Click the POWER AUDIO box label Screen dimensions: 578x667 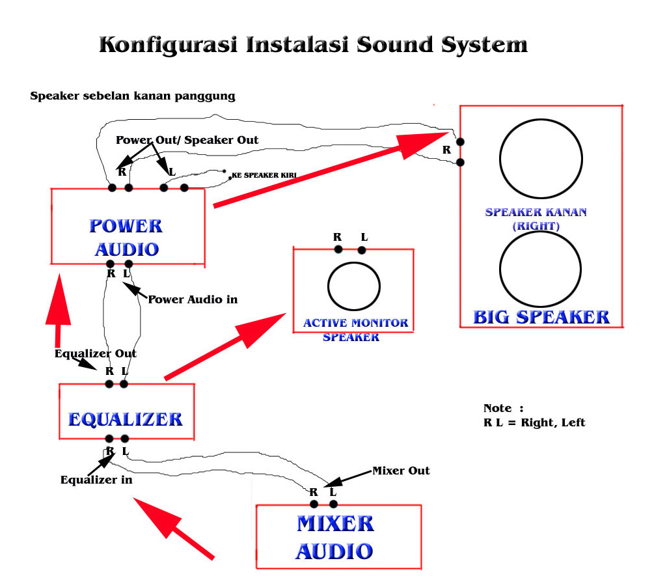[x=126, y=238]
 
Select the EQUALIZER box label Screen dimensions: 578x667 [x=126, y=419]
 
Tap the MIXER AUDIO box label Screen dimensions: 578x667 [x=335, y=537]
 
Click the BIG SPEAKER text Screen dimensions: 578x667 [x=541, y=317]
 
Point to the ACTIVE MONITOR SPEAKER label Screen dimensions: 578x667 [x=355, y=329]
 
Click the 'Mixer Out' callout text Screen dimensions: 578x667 [x=401, y=471]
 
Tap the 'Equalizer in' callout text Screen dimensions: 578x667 [x=96, y=480]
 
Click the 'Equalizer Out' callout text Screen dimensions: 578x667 [x=96, y=353]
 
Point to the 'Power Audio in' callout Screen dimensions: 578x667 [x=193, y=300]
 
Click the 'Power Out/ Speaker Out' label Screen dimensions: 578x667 [x=187, y=140]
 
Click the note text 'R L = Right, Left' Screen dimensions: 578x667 [x=534, y=422]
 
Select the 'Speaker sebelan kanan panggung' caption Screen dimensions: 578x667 [x=133, y=96]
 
